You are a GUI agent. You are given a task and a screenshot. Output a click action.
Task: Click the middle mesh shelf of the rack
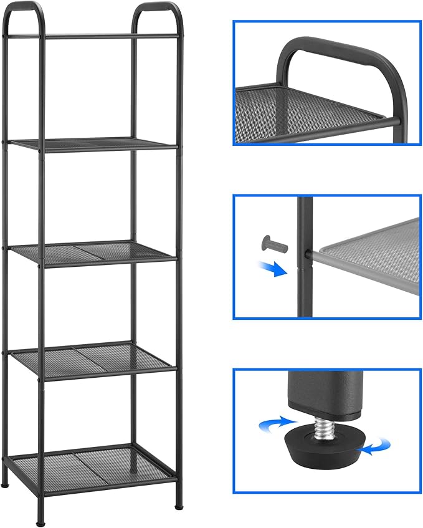click(93, 252)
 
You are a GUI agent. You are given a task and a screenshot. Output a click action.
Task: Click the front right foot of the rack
click(179, 502)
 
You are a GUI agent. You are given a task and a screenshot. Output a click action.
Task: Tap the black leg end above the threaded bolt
click(324, 393)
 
